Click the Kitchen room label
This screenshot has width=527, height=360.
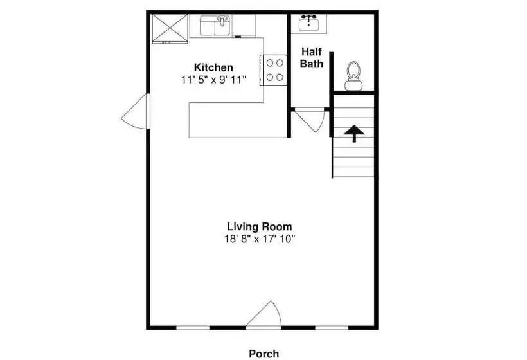pos(213,67)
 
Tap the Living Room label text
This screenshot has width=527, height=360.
pos(260,226)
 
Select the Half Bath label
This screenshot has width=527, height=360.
pos(312,58)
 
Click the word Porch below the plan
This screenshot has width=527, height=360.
pos(264,354)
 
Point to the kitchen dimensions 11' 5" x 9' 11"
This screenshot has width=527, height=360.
pos(214,80)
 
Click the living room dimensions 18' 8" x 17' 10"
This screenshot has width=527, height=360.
pos(260,239)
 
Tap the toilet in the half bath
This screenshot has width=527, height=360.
pos(353,76)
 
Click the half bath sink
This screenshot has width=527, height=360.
pos(309,23)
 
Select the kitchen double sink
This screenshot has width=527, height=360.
pos(215,26)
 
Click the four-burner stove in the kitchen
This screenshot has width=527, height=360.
pos(274,70)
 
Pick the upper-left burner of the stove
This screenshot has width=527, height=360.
pos(269,62)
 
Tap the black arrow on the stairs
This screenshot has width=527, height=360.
pos(354,134)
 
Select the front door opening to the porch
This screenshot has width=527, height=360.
pos(264,314)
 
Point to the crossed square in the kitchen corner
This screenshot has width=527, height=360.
pos(170,28)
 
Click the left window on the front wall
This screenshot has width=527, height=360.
pos(193,328)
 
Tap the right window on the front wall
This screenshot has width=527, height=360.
pos(332,328)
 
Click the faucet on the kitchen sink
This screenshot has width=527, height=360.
pos(222,20)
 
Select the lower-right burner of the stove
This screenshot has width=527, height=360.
pos(280,78)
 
